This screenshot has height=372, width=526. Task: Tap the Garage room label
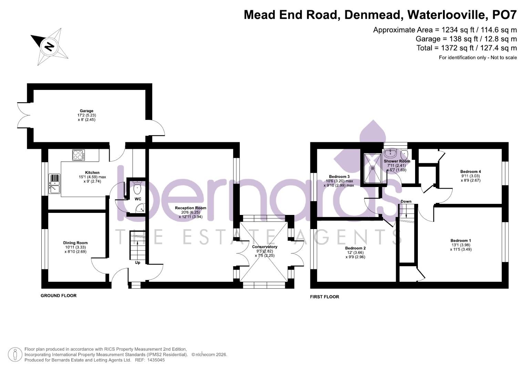86,111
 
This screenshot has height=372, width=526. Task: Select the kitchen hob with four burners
79,155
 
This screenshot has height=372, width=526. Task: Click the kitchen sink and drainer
54,184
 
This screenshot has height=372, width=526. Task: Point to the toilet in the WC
137,188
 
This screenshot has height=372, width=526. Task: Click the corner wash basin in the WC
141,208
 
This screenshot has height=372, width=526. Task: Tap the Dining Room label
75,243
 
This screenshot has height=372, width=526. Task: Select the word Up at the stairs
138,262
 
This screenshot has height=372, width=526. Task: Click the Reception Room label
190,208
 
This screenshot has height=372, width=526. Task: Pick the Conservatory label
265,247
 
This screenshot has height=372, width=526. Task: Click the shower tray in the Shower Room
373,168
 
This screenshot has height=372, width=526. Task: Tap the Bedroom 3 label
339,177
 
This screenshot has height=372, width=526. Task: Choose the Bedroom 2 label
355,248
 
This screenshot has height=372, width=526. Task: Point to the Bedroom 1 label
461,241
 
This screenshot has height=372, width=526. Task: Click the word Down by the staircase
406,201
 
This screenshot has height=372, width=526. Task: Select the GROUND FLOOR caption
59,296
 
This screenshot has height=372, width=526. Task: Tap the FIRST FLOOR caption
324,297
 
